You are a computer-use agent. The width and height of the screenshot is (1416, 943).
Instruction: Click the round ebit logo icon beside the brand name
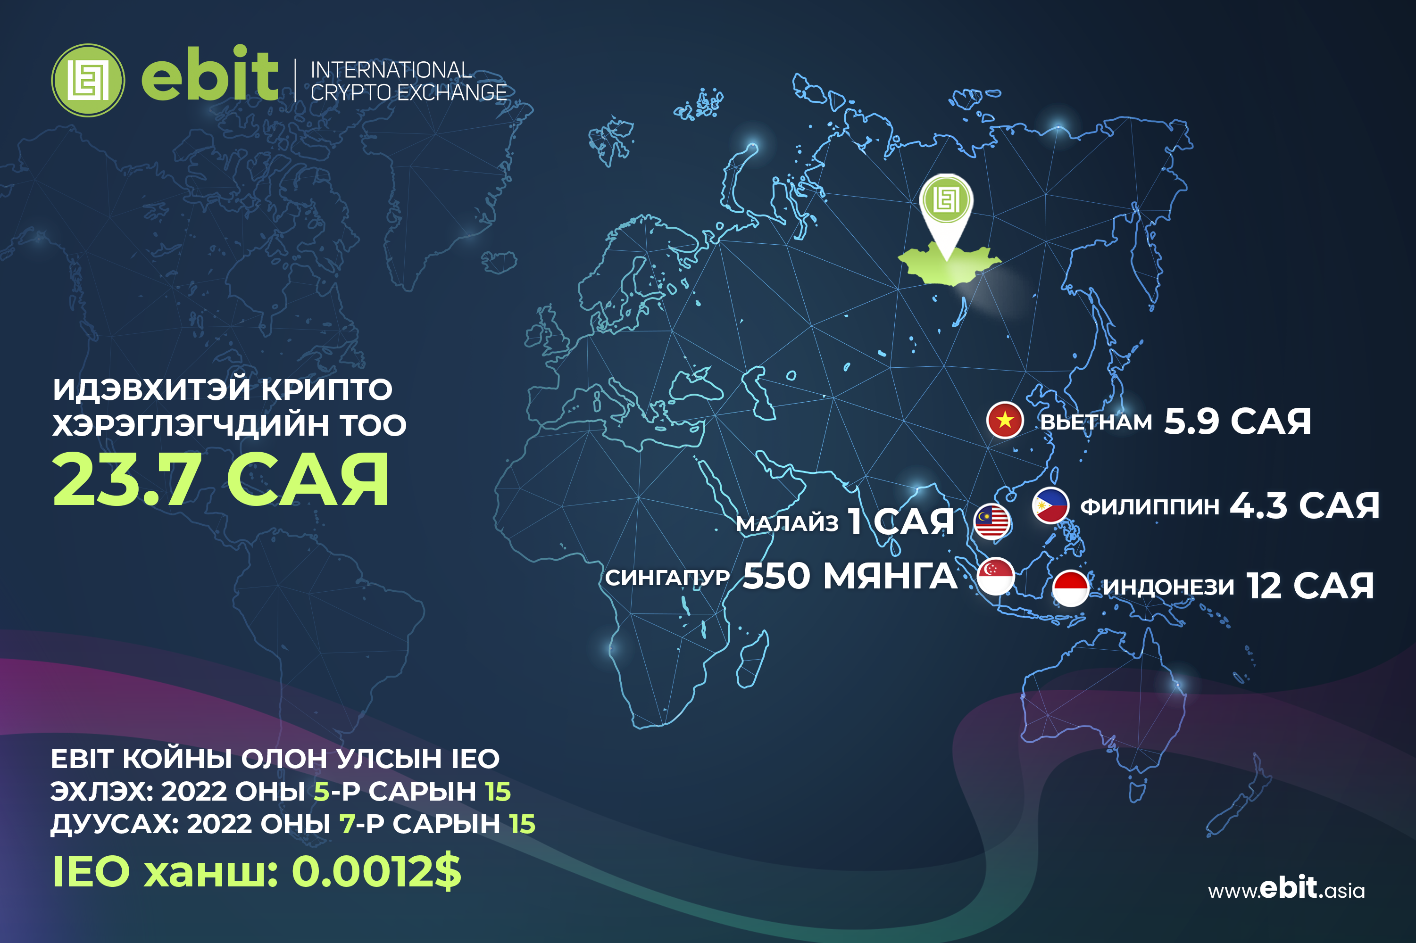click(88, 80)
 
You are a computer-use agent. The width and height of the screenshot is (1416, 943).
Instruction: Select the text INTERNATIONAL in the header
click(391, 70)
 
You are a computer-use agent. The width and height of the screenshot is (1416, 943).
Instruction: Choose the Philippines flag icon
click(1050, 505)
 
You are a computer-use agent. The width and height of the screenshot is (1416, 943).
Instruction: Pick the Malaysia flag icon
click(992, 521)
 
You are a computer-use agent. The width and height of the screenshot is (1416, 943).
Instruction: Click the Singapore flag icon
click(996, 576)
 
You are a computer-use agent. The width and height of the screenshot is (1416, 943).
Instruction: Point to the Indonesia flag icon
click(1071, 587)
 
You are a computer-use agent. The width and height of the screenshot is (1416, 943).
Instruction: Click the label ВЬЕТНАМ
click(1096, 422)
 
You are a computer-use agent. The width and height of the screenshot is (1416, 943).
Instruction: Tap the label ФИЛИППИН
click(1150, 506)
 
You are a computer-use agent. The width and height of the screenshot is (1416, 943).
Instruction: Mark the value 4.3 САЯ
click(1305, 505)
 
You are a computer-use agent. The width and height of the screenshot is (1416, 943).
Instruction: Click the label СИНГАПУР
click(667, 578)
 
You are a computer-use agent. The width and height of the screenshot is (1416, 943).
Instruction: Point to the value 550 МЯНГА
click(850, 576)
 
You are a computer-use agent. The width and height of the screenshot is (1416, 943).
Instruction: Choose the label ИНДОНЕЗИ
click(1169, 587)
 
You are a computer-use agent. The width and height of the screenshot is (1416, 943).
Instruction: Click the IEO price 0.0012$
click(376, 870)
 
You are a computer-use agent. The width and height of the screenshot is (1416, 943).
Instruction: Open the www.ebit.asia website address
click(1286, 889)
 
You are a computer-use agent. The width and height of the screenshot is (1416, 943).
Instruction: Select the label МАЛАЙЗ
click(787, 523)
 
